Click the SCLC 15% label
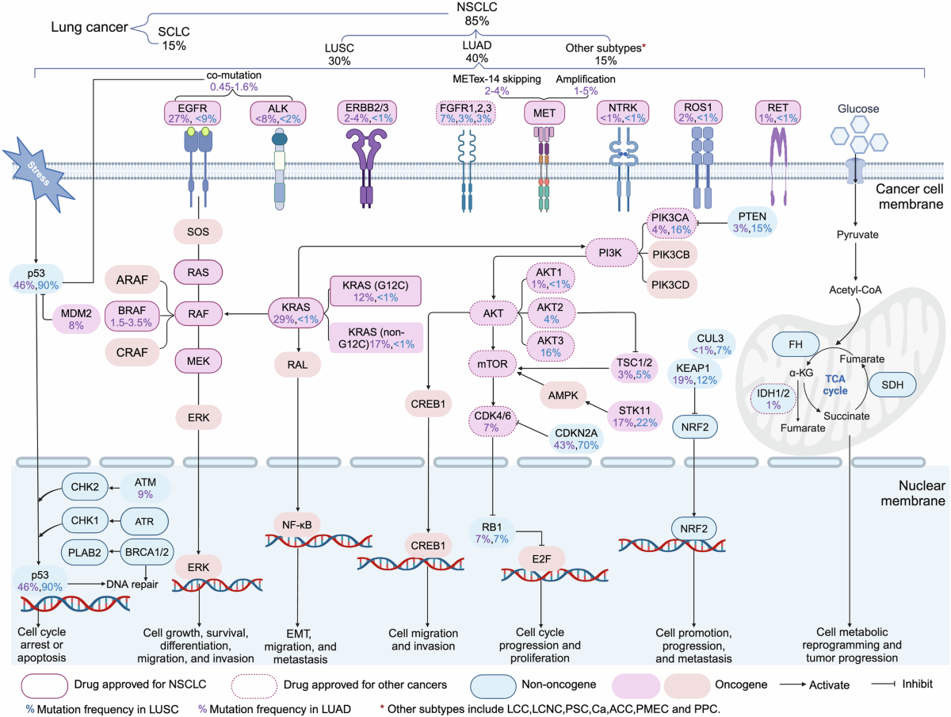coord(173,38)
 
